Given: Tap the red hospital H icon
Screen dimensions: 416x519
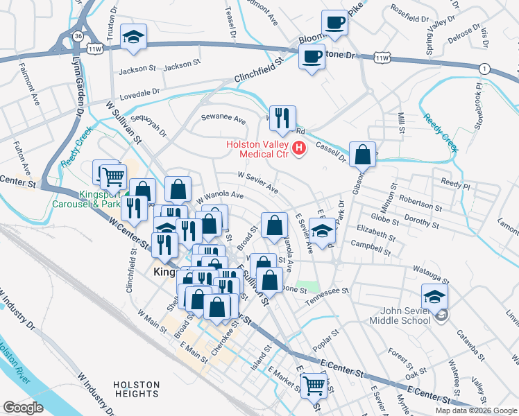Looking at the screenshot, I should (x=300, y=148).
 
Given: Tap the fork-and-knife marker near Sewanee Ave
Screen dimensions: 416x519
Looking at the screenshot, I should (x=282, y=119).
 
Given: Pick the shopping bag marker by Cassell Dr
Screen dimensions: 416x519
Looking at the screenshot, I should (x=363, y=155).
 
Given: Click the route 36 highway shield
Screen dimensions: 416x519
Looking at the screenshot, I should (x=78, y=35).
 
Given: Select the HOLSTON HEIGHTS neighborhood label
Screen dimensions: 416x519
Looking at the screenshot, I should (x=137, y=389).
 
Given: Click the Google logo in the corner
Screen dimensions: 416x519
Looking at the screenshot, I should (x=23, y=408).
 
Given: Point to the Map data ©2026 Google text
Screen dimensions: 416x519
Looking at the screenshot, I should (x=475, y=410).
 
